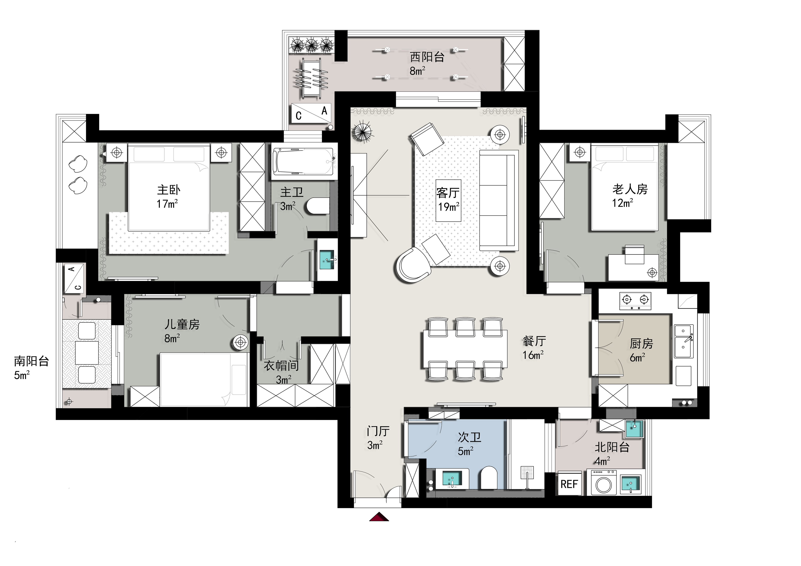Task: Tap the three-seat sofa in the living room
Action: tap(498, 200)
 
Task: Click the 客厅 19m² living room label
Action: tap(448, 200)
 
